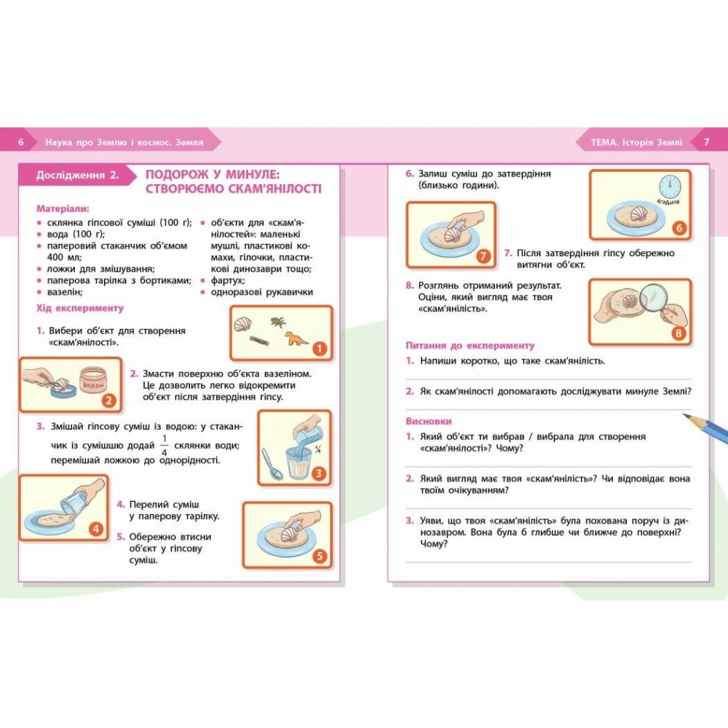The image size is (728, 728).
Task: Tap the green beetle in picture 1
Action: point(278,321)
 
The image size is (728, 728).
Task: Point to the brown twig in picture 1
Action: point(259,341)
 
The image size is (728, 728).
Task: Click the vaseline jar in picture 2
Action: point(94,381)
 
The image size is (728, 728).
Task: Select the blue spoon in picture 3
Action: point(272,463)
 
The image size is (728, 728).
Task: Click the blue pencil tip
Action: point(687,416)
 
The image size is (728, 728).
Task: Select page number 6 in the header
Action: point(20,142)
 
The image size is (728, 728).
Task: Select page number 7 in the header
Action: point(707,142)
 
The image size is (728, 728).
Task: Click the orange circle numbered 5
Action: point(320,555)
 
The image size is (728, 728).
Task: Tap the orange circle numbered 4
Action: point(95,529)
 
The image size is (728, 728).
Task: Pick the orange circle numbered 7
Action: point(483,256)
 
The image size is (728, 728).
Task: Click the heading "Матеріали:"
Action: point(63,208)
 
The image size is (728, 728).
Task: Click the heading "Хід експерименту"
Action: point(80,308)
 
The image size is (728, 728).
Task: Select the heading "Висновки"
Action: point(429,422)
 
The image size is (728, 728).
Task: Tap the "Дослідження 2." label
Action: point(78,175)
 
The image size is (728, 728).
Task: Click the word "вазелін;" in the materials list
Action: point(65,292)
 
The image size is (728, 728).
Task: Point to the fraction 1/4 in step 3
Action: point(165,446)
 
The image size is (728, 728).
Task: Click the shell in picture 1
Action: point(243,324)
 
